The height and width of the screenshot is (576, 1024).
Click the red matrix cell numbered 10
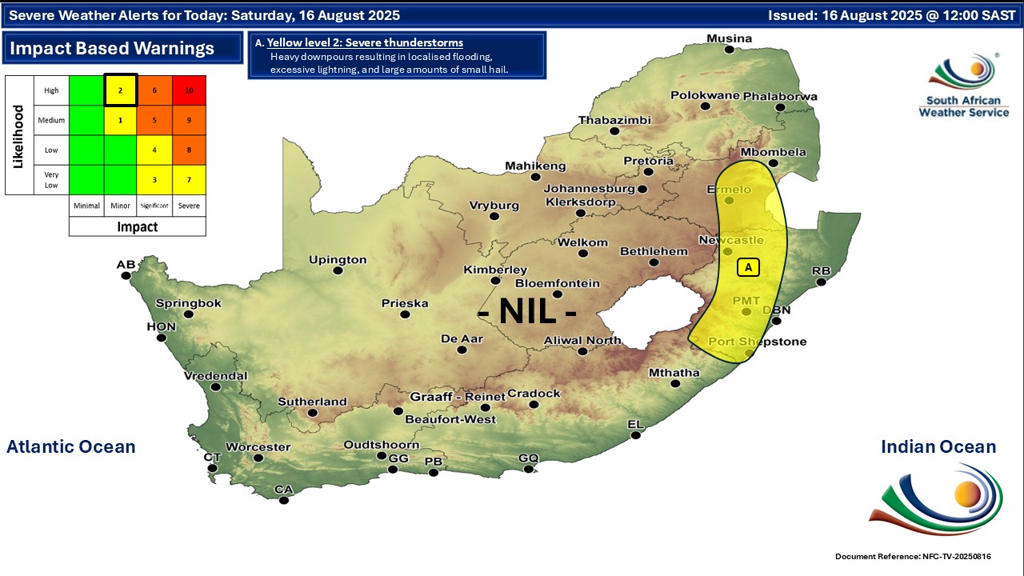point(189,90)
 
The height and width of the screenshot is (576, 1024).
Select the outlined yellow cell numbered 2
point(120,90)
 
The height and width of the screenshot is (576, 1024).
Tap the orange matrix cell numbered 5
point(154,120)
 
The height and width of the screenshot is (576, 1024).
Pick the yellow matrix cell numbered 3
point(154,179)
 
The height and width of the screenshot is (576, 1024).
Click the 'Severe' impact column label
point(189,206)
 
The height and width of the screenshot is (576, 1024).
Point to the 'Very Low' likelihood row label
point(51,179)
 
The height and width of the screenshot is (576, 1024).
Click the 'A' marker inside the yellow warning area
point(748,267)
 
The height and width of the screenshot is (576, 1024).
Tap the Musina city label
point(729,38)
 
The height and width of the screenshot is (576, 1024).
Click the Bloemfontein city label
point(557,283)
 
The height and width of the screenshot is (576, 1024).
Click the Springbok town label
point(188,303)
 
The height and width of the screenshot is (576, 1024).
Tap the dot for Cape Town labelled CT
point(212,468)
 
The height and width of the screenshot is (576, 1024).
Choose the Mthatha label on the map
point(674,373)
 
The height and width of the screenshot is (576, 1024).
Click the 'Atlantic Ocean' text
point(70,446)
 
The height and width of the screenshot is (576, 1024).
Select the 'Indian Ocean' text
point(938,446)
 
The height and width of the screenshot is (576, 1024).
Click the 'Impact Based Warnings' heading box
point(122,48)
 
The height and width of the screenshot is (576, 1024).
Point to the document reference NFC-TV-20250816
point(918,556)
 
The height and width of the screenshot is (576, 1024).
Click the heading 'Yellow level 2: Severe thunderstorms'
point(365,42)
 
